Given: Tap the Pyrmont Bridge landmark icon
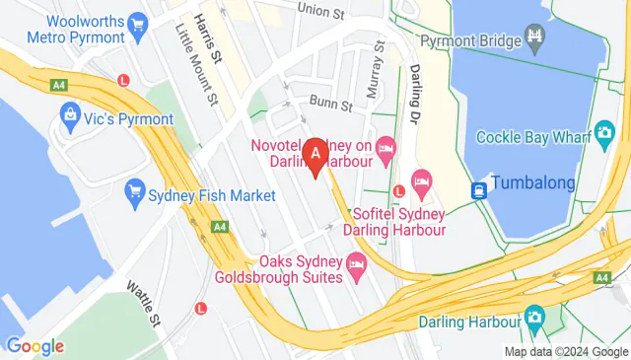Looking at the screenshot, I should point(536,40).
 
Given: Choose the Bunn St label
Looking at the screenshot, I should point(331,103).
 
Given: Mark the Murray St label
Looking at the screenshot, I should point(373,77).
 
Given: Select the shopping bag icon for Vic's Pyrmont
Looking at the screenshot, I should point(70,116).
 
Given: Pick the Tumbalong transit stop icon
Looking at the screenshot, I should point(478,189).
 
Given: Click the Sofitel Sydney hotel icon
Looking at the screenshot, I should point(423,180).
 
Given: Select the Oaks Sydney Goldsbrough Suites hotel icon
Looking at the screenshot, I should point(356,264).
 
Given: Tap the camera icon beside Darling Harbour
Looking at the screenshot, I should point(535,318).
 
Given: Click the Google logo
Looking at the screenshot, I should point(35,346).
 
